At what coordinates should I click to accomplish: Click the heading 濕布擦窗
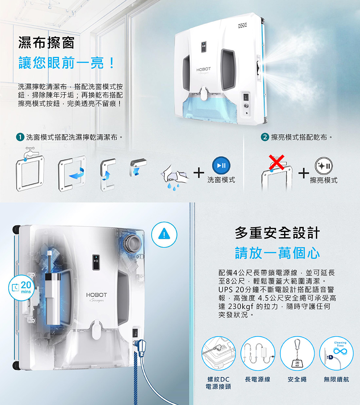[46, 42]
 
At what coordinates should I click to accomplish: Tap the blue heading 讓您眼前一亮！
[67, 63]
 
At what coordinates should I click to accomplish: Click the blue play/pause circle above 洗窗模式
[221, 166]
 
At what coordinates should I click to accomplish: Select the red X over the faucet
[276, 162]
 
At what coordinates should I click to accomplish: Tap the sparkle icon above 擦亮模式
[324, 166]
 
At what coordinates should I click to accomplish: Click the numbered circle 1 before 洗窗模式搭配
[20, 137]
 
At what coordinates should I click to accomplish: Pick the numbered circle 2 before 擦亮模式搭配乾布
[265, 137]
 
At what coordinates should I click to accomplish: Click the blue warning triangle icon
[164, 234]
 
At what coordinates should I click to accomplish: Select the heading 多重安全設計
[277, 233]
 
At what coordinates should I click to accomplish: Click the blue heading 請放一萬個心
[277, 253]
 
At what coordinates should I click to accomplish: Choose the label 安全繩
[297, 379]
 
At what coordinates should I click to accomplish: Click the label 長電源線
[257, 379]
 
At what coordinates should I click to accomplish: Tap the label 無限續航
[336, 379]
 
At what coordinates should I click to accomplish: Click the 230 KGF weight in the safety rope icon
[297, 363]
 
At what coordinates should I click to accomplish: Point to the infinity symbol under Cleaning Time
[340, 351]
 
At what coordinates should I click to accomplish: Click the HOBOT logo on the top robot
[203, 69]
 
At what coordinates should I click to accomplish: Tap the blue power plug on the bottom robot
[141, 348]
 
